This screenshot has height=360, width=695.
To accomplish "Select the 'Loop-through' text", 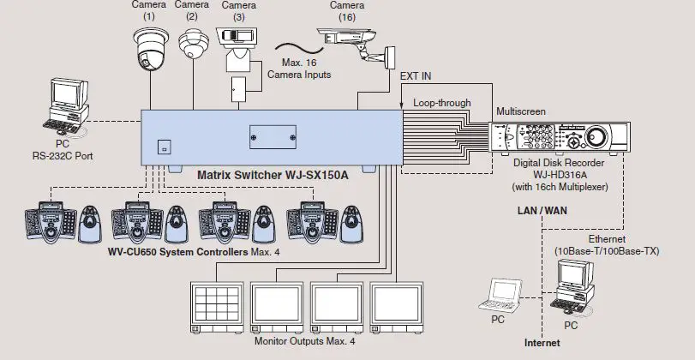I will tap(441, 103).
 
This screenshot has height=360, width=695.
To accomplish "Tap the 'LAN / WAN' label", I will tap(542, 210).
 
